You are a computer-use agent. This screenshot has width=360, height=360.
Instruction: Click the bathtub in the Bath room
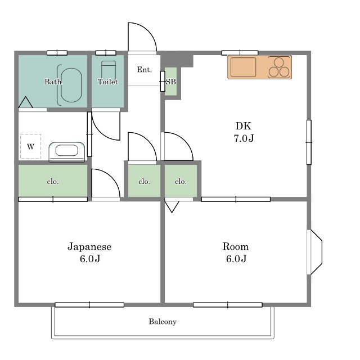(71, 85)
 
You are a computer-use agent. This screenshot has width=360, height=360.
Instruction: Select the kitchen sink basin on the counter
(243, 67)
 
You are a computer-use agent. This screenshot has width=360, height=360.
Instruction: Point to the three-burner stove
(279, 67)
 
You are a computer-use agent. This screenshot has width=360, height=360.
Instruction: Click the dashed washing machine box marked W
(30, 146)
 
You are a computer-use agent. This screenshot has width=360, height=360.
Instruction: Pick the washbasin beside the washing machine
(66, 151)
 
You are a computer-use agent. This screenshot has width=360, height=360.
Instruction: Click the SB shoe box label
(171, 82)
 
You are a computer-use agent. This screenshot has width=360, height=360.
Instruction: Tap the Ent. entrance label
(145, 70)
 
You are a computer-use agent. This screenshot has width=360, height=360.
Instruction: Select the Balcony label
(163, 321)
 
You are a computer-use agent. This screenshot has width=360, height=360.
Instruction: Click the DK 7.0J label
(244, 132)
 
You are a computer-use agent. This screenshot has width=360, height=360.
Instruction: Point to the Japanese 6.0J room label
(89, 253)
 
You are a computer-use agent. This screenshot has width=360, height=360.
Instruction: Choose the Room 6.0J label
(236, 253)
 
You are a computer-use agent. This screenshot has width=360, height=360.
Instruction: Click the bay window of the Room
(315, 253)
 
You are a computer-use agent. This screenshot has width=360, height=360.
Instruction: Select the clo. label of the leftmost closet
(53, 182)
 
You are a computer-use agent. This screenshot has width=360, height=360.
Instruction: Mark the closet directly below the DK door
(181, 181)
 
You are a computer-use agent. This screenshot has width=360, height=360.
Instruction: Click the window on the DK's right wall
(309, 142)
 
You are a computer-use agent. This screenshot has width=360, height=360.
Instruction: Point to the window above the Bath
(57, 53)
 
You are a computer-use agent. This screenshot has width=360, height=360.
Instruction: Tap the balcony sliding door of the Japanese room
(89, 305)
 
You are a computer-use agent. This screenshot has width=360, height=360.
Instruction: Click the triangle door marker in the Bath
(25, 102)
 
